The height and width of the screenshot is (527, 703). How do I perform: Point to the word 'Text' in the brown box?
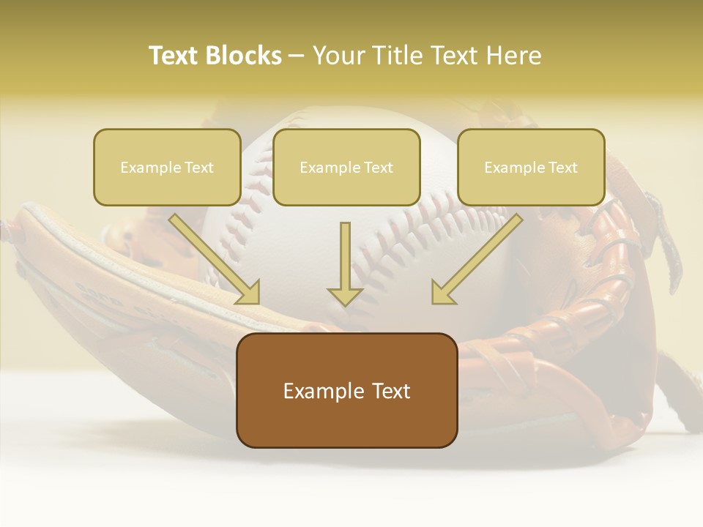click(390, 391)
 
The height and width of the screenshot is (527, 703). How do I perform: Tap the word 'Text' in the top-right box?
click(562, 168)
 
